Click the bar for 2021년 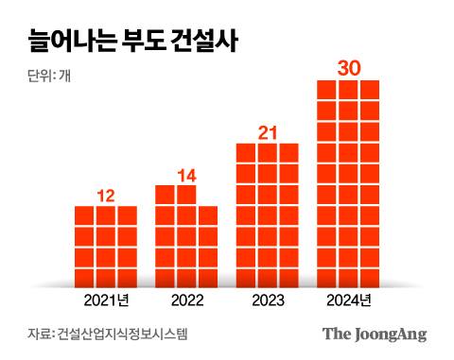tap(106, 246)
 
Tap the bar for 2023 tap(267, 215)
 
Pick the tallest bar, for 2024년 tap(347, 183)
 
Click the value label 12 tap(106, 196)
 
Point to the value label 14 tap(186, 175)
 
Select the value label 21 tap(267, 132)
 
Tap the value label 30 tap(347, 69)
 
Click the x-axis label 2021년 tap(106, 301)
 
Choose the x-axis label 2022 tap(186, 301)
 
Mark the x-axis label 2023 tap(267, 301)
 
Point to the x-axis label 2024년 tap(347, 301)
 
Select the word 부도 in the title tap(147, 42)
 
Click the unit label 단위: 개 tap(44, 77)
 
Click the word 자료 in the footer tap(39, 334)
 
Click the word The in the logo tap(336, 334)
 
